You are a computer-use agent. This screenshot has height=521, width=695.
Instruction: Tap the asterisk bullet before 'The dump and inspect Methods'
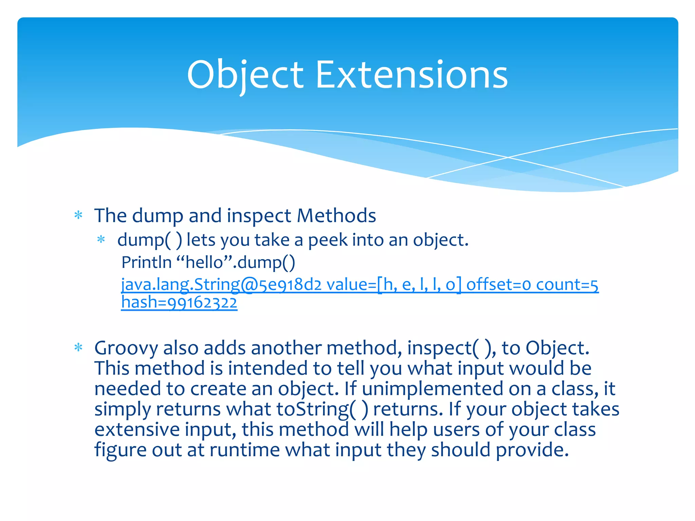[x=78, y=215]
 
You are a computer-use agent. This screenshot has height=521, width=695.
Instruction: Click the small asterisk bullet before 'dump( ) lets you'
[x=101, y=239]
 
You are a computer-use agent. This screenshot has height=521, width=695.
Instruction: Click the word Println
[x=146, y=262]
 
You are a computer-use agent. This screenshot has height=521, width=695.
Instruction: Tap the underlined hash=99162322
[x=179, y=303]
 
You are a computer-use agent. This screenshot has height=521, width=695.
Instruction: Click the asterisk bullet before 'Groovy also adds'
[x=78, y=348]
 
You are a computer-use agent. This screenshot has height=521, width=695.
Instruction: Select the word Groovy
[x=126, y=348]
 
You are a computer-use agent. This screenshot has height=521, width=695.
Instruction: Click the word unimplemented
[x=432, y=389]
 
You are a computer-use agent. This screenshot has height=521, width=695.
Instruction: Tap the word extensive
[x=137, y=429]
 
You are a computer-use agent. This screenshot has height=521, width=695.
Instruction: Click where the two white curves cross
[x=508, y=157]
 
